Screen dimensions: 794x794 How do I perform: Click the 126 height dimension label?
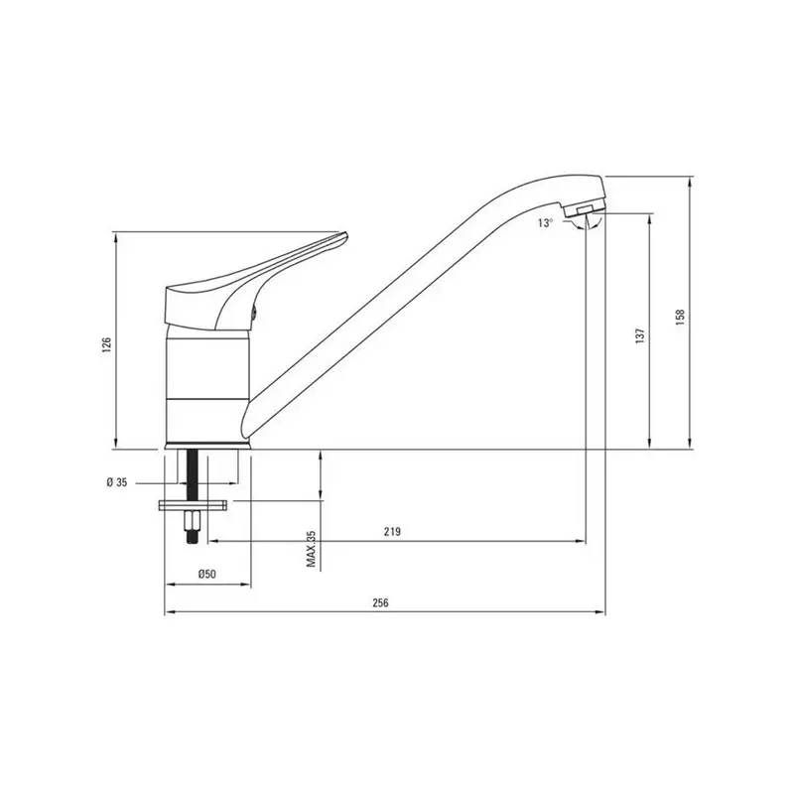click(107, 344)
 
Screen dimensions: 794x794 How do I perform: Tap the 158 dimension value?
click(680, 317)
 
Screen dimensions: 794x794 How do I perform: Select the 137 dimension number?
click(640, 335)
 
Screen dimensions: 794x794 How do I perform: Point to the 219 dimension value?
click(392, 531)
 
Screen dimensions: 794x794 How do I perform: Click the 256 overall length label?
click(380, 602)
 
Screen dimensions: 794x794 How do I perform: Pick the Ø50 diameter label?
click(207, 574)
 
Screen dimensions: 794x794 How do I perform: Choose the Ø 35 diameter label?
click(117, 482)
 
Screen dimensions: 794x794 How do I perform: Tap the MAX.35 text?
click(311, 549)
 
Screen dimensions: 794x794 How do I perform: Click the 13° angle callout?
click(545, 222)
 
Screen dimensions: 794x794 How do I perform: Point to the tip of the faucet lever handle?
click(346, 235)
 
